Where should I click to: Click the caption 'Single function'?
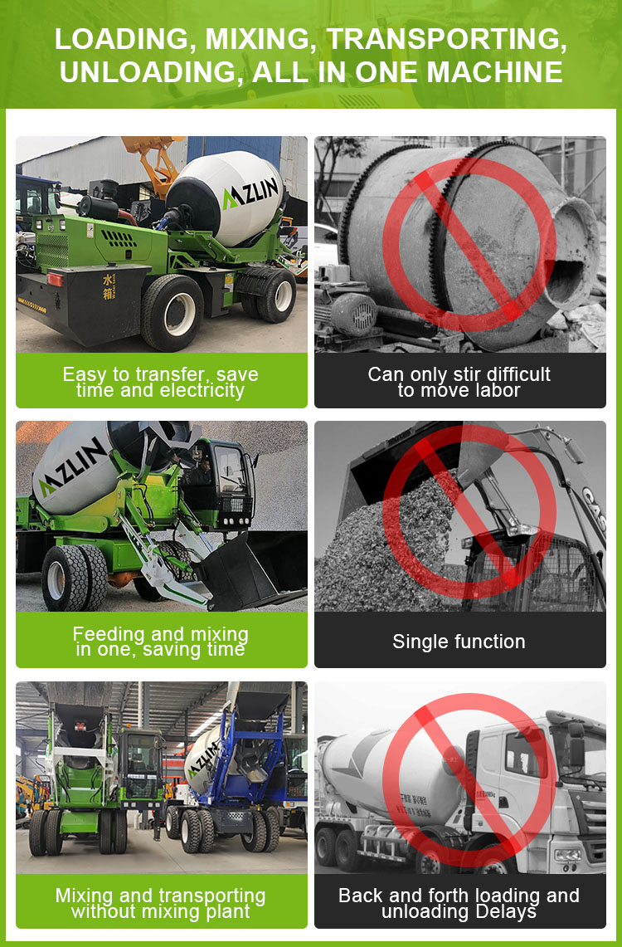(459, 642)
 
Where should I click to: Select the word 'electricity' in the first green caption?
(201, 391)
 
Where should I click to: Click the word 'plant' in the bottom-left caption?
(226, 912)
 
